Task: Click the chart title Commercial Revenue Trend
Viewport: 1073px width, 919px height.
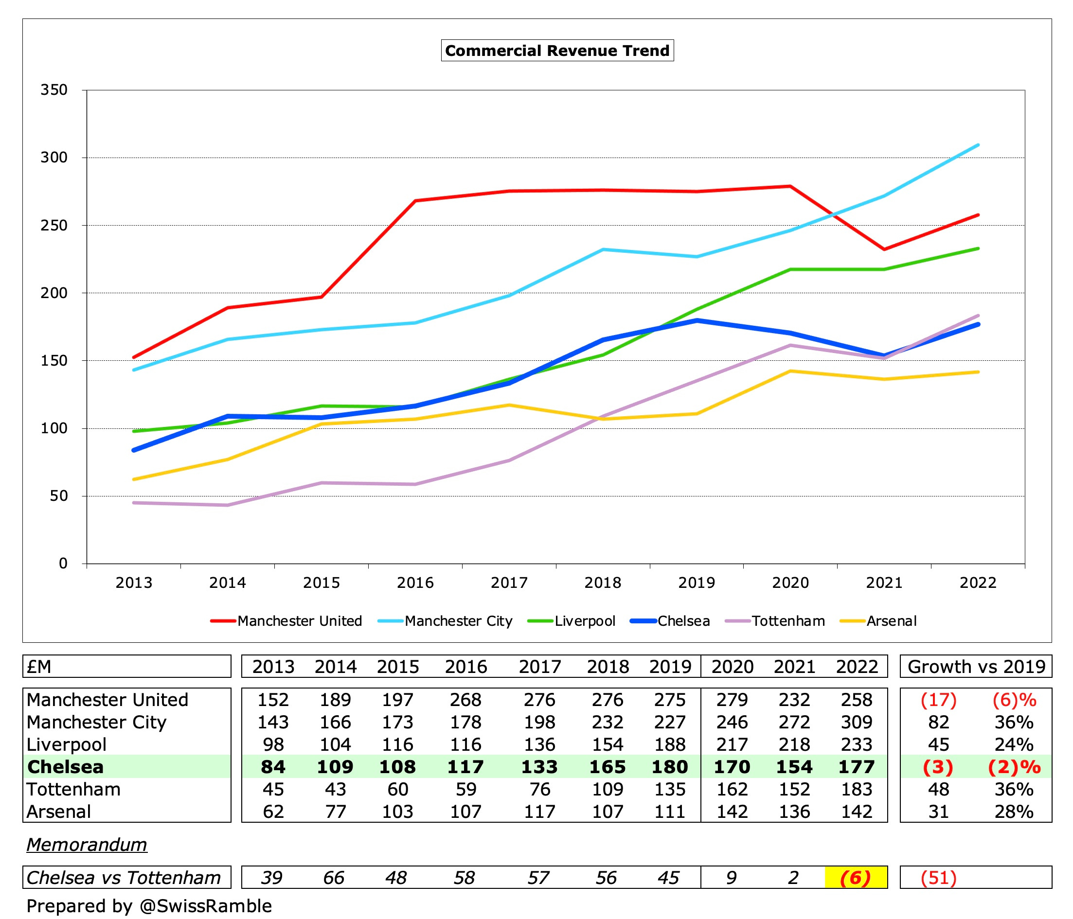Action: [x=557, y=51]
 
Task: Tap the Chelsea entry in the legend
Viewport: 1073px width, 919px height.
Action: [x=683, y=621]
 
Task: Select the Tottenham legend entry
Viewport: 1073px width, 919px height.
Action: [x=787, y=621]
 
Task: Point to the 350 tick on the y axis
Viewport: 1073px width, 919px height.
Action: [x=54, y=90]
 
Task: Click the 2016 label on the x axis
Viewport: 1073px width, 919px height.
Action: [x=415, y=583]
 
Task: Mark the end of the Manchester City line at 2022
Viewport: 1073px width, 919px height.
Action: [x=978, y=145]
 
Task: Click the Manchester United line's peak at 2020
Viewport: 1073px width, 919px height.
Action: [x=790, y=186]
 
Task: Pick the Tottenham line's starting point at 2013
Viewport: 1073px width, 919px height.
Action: [x=134, y=503]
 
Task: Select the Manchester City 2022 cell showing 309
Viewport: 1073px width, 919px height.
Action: [x=857, y=722]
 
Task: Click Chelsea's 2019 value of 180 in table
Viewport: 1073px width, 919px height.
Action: [x=670, y=767]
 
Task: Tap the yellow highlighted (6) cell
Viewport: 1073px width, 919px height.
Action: [x=856, y=878]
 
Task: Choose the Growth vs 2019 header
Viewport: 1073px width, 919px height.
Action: [x=976, y=667]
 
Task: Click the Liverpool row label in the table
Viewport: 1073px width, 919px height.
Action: [x=66, y=744]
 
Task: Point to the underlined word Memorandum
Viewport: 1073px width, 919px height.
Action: [x=87, y=845]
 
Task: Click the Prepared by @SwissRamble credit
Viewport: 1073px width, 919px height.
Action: [x=149, y=906]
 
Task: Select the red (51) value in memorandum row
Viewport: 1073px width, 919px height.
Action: [x=938, y=878]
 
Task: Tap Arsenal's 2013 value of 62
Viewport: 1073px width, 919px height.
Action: [x=273, y=812]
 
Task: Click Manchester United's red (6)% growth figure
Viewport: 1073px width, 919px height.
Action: [x=1014, y=700]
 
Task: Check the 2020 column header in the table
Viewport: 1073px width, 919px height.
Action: [x=732, y=667]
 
